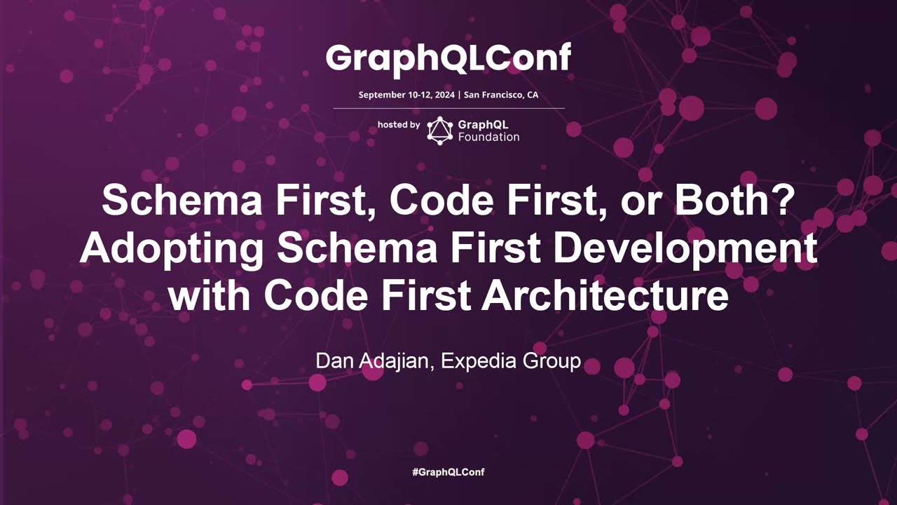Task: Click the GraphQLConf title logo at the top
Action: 448,60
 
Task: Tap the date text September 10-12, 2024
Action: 406,95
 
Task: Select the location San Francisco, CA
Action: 501,95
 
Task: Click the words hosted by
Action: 399,125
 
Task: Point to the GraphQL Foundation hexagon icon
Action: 439,130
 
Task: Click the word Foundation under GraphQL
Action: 488,137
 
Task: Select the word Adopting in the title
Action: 172,249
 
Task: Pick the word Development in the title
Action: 685,249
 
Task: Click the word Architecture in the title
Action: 605,297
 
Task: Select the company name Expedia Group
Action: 511,362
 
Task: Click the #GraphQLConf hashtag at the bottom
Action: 448,472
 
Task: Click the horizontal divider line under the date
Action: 449,108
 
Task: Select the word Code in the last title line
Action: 316,297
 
